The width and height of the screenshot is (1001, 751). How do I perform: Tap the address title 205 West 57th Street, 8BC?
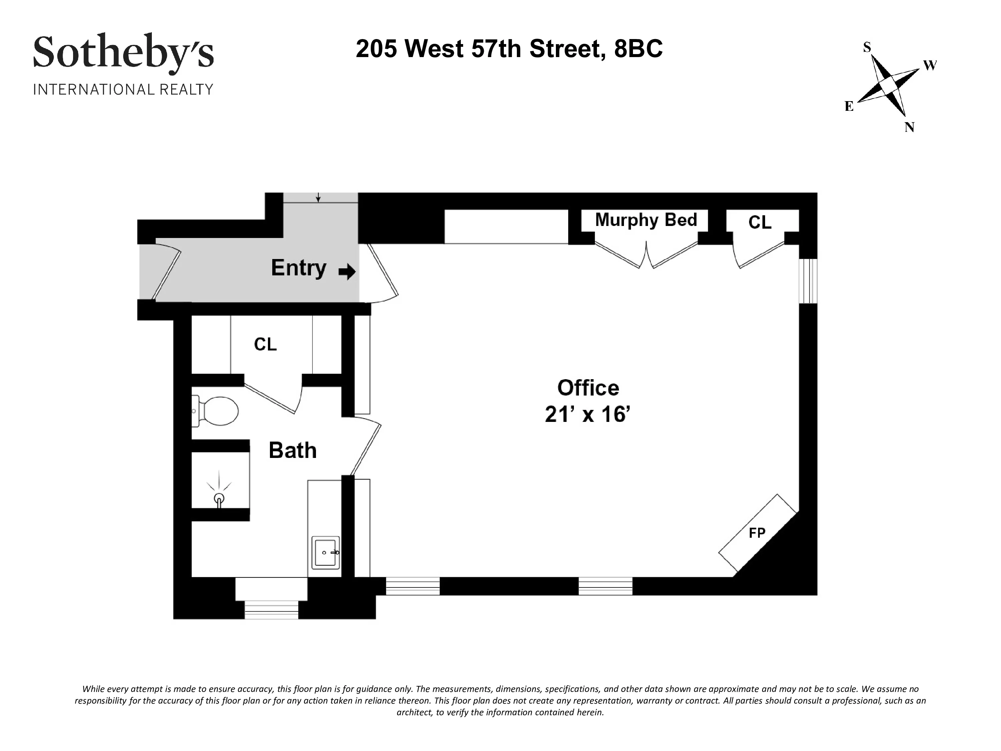pyautogui.click(x=509, y=49)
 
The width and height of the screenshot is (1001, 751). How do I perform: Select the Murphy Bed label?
pyautogui.click(x=646, y=220)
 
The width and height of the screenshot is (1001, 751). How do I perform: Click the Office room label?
pyautogui.click(x=588, y=388)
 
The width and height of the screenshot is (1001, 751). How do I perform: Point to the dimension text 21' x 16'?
pyautogui.click(x=588, y=414)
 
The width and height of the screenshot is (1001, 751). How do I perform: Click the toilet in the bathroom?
pyautogui.click(x=217, y=411)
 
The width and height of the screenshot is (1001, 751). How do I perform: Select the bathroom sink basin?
pyautogui.click(x=325, y=552)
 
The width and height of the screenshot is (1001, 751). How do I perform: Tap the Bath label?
pyautogui.click(x=292, y=450)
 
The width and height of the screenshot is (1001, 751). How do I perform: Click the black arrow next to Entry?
pyautogui.click(x=347, y=272)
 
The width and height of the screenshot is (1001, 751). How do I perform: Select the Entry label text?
pyautogui.click(x=298, y=268)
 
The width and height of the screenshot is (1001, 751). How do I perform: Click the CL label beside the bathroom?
pyautogui.click(x=265, y=344)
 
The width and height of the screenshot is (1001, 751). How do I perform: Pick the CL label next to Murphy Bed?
pyautogui.click(x=760, y=222)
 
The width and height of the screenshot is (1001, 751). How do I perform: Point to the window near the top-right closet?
pyautogui.click(x=808, y=281)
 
